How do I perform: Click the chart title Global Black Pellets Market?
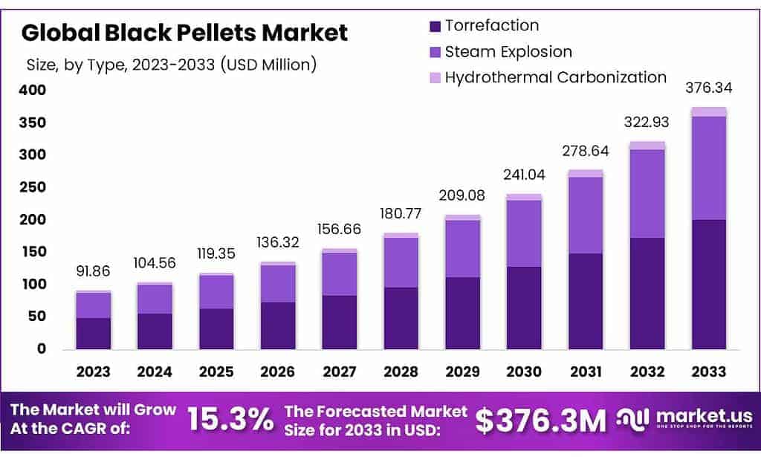(184, 33)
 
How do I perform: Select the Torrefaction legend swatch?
(434, 27)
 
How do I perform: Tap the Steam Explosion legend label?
(508, 52)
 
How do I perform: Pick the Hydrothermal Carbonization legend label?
(555, 77)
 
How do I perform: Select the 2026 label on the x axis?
(277, 372)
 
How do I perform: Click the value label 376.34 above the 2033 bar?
(707, 88)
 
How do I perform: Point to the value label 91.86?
(93, 271)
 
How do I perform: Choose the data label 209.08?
(462, 197)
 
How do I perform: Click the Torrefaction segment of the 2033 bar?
(708, 284)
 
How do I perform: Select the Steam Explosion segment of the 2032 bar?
(647, 193)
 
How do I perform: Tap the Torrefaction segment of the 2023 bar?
(93, 334)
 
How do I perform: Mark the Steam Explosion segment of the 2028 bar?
(401, 262)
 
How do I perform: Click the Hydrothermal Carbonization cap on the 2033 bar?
(708, 111)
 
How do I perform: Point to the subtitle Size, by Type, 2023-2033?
(172, 65)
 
